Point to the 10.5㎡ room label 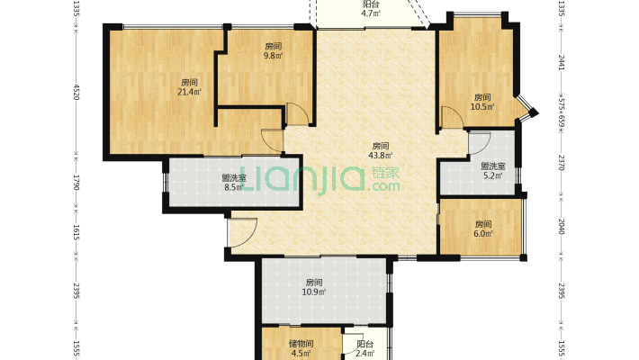483,102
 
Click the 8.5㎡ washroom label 234,183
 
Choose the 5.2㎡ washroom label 492,171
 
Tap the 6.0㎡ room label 484,229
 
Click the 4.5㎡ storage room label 301,348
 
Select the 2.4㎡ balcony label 364,348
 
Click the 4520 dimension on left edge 77,92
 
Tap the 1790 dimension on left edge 77,184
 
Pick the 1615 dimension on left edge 77,233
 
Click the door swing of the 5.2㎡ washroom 479,143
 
